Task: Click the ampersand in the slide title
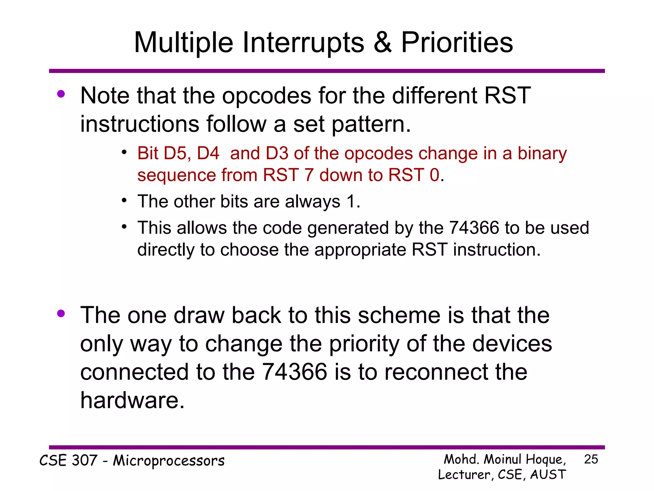point(382,43)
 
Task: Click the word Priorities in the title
point(457,43)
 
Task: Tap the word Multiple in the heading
point(183,43)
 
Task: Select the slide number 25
point(591,459)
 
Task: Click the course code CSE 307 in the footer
point(68,461)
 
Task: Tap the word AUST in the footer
point(548,474)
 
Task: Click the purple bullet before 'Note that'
point(61,94)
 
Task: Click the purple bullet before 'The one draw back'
point(61,314)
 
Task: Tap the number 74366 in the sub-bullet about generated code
point(474,228)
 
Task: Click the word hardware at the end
point(132,400)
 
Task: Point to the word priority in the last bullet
point(364,344)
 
